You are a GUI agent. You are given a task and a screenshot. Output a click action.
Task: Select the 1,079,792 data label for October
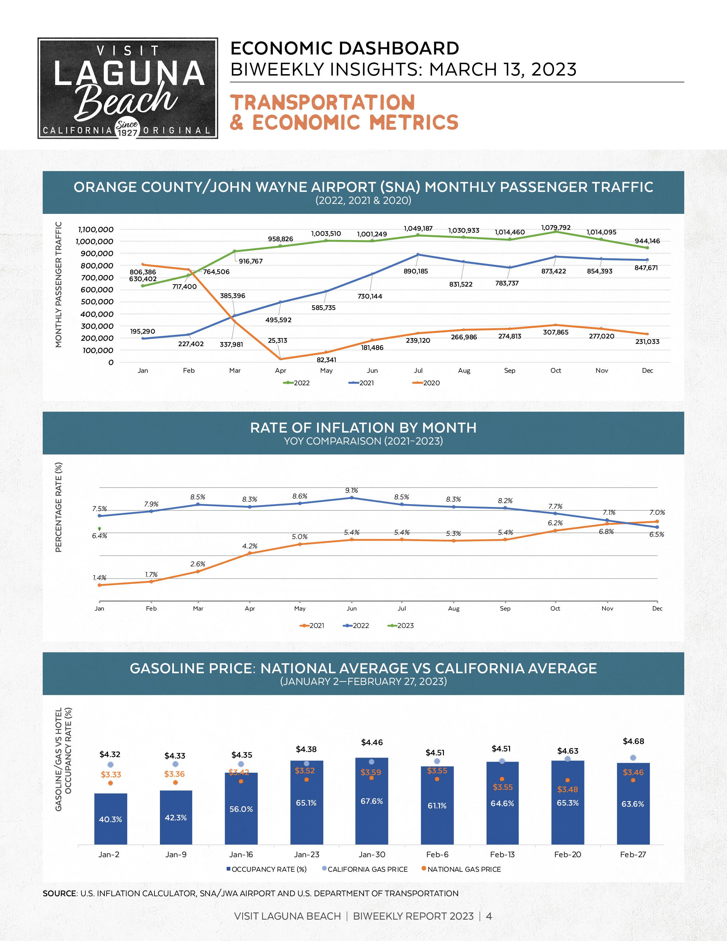pyautogui.click(x=556, y=228)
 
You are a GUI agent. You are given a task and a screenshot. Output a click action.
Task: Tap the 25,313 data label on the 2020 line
pyautogui.click(x=277, y=340)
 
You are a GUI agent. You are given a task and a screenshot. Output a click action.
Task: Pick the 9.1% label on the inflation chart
pyautogui.click(x=352, y=490)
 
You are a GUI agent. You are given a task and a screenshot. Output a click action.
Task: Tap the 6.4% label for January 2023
pyautogui.click(x=99, y=536)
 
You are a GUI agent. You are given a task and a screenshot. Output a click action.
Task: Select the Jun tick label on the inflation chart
pyautogui.click(x=352, y=609)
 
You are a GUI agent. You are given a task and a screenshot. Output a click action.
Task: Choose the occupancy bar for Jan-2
pyautogui.click(x=111, y=819)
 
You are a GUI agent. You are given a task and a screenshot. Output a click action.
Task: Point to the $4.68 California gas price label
pyautogui.click(x=633, y=741)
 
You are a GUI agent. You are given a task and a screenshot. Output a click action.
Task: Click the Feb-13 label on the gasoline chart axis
pyautogui.click(x=502, y=854)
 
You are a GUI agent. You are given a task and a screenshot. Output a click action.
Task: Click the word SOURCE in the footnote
pyautogui.click(x=59, y=894)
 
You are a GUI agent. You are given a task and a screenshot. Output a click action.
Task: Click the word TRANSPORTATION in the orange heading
pyautogui.click(x=322, y=103)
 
